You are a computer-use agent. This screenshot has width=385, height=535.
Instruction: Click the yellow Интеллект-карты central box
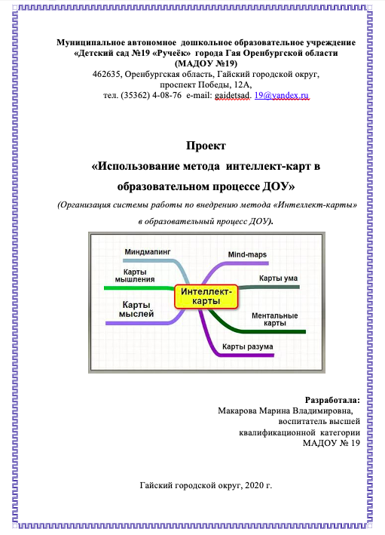point(206,297)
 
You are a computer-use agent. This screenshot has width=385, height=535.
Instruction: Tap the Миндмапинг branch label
point(147,252)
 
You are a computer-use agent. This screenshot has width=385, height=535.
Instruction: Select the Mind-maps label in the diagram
point(247,254)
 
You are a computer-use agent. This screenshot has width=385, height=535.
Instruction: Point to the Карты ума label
point(278,278)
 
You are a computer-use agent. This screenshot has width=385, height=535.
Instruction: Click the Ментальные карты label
point(274,319)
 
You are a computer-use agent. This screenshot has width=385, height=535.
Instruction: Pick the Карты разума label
point(247,346)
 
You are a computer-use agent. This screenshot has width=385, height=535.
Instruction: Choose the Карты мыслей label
point(136,309)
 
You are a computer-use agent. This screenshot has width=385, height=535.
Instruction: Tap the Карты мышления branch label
point(135,275)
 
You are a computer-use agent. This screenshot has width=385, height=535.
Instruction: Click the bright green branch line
point(139,288)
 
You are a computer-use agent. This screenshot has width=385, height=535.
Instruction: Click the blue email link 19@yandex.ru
point(282,95)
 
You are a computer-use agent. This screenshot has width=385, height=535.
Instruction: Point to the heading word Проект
point(206,146)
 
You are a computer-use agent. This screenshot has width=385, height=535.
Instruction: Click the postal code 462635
point(106,74)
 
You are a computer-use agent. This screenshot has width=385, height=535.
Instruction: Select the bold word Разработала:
point(332,400)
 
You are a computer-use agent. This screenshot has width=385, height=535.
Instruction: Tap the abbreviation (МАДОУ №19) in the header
point(206,63)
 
